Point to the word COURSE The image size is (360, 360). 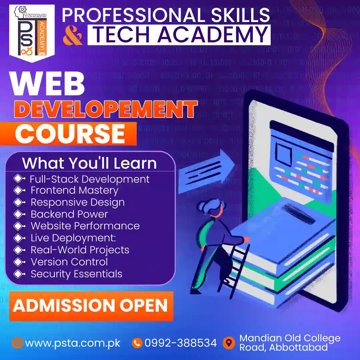(x=70, y=134)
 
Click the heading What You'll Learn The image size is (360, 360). (x=89, y=163)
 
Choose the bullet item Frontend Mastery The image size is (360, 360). (x=74, y=190)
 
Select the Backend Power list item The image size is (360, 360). (x=69, y=214)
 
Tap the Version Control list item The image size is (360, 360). (x=69, y=262)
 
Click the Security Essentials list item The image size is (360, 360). (x=76, y=274)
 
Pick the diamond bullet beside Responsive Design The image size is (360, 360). (x=19, y=202)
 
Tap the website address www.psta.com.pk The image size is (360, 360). (x=72, y=343)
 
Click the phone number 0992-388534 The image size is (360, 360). (x=180, y=343)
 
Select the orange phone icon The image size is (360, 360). (x=137, y=343)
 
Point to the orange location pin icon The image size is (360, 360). (x=228, y=343)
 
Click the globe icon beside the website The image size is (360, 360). (x=17, y=343)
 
